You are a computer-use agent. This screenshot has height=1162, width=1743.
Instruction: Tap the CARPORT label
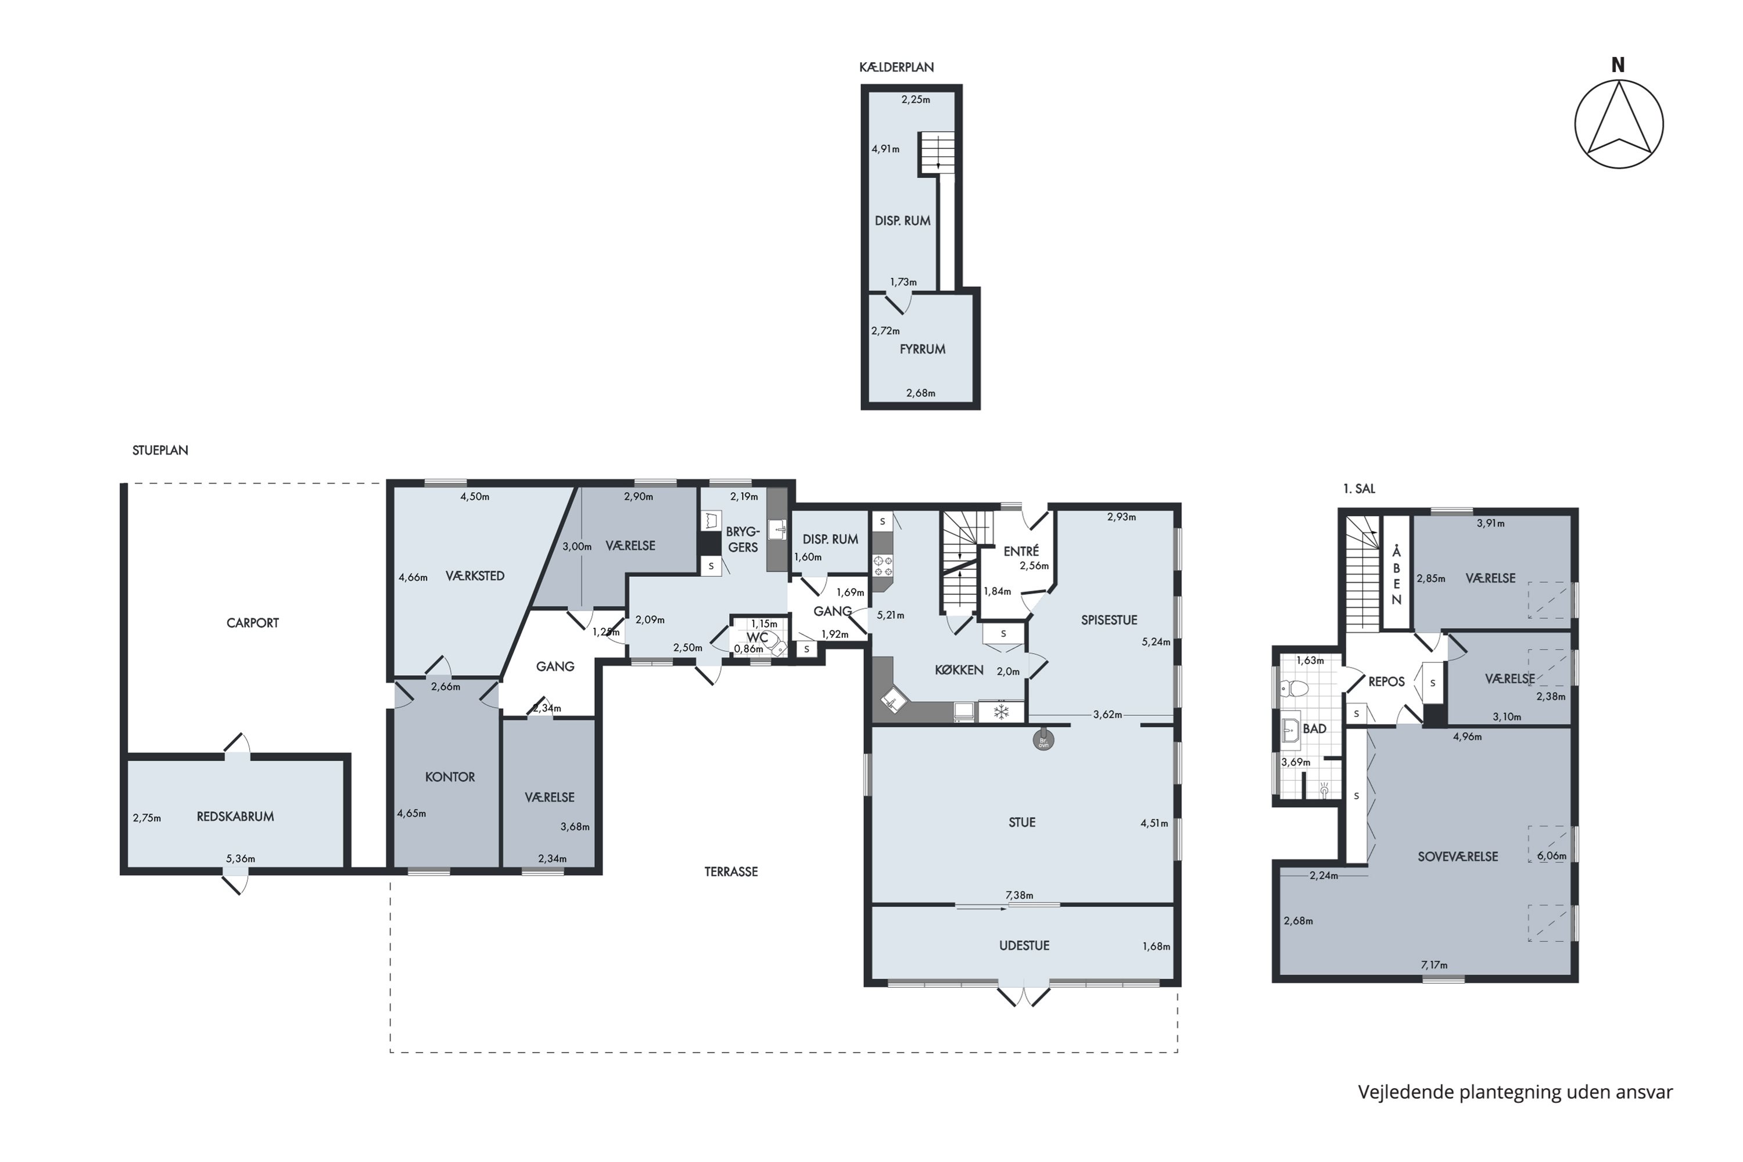tap(253, 623)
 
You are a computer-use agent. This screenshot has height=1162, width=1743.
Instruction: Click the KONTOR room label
tap(450, 777)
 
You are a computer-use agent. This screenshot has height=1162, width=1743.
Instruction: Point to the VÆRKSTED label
tap(475, 576)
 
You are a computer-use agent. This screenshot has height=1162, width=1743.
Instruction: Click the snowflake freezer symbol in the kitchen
tap(1001, 713)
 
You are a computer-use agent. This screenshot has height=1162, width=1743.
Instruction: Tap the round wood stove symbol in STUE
tap(1043, 740)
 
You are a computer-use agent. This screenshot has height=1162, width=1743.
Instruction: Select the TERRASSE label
tap(731, 872)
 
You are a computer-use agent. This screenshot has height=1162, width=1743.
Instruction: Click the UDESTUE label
tap(1024, 946)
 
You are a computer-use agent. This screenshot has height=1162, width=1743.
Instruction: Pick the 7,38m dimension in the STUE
tap(1019, 895)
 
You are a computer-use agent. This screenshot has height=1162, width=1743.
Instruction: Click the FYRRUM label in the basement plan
tap(922, 349)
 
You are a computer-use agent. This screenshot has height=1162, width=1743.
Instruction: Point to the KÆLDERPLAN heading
tap(896, 67)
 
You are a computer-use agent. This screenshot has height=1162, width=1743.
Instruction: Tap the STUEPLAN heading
tap(160, 451)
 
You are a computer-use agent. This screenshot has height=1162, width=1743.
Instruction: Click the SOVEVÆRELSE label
tap(1458, 856)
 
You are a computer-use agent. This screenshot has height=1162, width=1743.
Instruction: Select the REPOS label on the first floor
tap(1386, 682)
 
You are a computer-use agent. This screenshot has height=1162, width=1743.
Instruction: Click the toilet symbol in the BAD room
tap(1294, 688)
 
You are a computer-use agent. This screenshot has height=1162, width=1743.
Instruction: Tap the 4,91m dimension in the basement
tap(885, 149)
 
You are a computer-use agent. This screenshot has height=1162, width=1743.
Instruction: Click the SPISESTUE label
tap(1109, 621)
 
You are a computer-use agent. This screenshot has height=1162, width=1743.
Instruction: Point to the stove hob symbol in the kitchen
tap(883, 566)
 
